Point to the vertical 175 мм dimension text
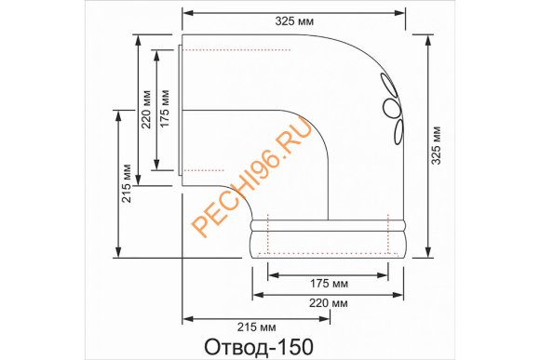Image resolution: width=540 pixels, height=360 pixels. point(164,110)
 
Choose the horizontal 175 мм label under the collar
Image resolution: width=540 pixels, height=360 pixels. point(327,283)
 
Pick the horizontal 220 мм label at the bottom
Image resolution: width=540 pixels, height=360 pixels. point(327,304)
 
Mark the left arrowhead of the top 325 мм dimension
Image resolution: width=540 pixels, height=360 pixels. point(185,13)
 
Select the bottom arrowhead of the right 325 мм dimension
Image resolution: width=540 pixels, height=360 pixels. point(425,253)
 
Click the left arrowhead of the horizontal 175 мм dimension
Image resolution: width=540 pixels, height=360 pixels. point(271,273)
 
